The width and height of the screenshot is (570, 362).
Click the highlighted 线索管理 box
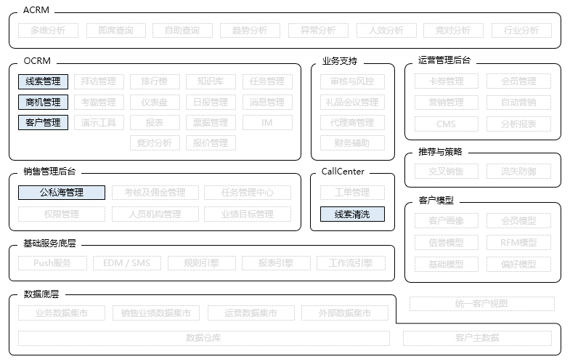pos(43,81)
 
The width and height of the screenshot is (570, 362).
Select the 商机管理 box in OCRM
pos(43,102)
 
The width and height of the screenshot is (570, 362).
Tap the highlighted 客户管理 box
pos(43,122)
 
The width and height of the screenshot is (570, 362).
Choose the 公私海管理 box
pos(62,193)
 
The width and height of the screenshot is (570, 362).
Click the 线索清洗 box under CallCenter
pos(352,214)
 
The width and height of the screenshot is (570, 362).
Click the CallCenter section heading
pos(343,172)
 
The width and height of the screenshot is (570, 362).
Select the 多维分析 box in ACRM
pos(48,31)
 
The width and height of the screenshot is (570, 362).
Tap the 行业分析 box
pos(521,31)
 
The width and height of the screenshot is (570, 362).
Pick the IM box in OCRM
pos(267,122)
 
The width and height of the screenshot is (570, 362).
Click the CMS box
pos(446,124)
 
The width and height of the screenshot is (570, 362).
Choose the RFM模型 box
pos(518,242)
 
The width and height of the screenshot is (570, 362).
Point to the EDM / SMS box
pos(126,263)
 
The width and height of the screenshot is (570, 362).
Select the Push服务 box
pos(52,263)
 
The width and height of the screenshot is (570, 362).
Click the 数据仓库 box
pos(203,338)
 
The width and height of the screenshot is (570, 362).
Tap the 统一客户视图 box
pos(481,304)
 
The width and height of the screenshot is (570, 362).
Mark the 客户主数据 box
pos(477,338)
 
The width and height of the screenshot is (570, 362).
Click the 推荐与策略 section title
pos(440,152)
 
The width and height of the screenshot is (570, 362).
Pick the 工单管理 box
pos(352,193)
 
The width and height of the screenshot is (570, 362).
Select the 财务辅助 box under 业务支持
pos(352,142)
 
